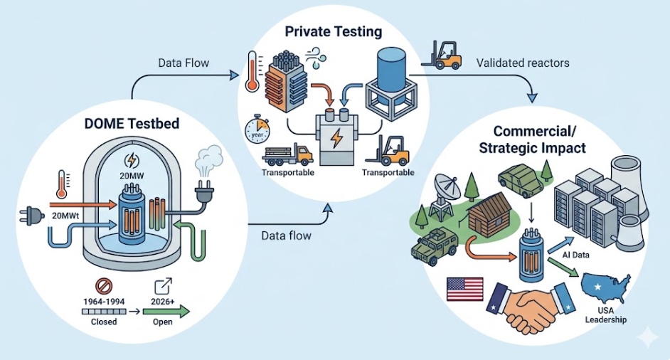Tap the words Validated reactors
[x=523, y=63]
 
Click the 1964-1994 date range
[x=102, y=301]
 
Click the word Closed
[x=103, y=321]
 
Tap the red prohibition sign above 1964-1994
[x=103, y=285]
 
